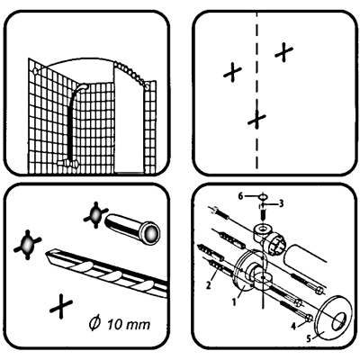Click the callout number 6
point(240,196)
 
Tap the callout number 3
point(281,204)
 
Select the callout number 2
point(209,284)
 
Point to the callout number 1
point(234,301)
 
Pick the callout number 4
point(294,325)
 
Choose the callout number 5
point(309,338)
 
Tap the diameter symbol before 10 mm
point(94,324)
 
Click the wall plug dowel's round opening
point(151,232)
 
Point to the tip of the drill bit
point(46,255)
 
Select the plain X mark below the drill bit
point(61,306)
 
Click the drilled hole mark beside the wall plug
point(95,215)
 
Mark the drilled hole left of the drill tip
point(27,244)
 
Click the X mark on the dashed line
point(256,119)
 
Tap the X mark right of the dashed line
point(283,52)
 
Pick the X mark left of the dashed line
point(232,72)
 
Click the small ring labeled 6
point(263,197)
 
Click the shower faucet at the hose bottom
point(68,163)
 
